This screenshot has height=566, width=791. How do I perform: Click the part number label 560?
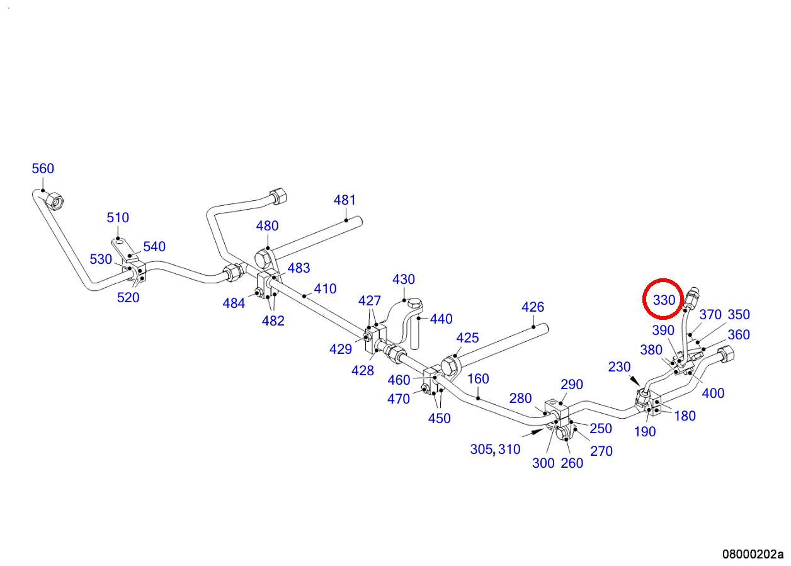click(x=43, y=168)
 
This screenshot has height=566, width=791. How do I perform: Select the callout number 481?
click(x=344, y=200)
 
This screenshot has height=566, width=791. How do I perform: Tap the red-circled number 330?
click(x=664, y=300)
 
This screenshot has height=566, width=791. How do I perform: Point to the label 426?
click(x=533, y=307)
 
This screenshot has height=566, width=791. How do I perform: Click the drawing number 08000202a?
click(x=753, y=555)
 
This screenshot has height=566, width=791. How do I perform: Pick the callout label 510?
click(x=118, y=218)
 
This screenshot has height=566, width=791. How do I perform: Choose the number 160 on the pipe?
click(x=478, y=379)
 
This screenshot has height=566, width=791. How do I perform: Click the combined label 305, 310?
click(x=495, y=450)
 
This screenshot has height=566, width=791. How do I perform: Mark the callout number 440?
click(x=441, y=319)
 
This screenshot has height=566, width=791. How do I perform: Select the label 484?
click(x=234, y=303)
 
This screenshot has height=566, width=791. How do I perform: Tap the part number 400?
click(x=713, y=393)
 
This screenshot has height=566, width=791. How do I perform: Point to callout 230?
click(x=619, y=366)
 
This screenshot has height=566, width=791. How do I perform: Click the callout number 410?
click(x=325, y=289)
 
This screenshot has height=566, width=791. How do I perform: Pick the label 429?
click(x=341, y=349)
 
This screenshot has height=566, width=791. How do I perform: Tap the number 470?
click(x=399, y=399)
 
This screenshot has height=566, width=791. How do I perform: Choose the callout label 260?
click(x=571, y=463)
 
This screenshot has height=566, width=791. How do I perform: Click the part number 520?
click(x=128, y=298)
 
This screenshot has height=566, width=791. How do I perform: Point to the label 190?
click(x=645, y=431)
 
